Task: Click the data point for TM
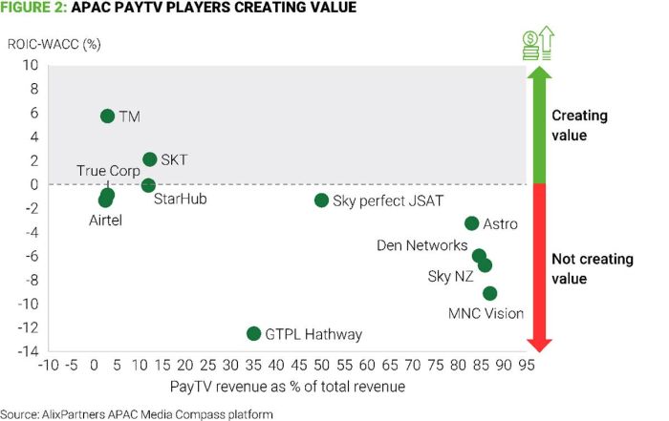[107, 116]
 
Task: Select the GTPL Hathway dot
[253, 333]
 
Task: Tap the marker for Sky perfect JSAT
[321, 200]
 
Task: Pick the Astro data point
[471, 223]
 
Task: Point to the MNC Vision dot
[490, 293]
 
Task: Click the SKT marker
[149, 159]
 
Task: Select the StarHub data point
[148, 184]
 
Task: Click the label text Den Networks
[422, 245]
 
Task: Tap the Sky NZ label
[451, 277]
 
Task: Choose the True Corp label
[108, 171]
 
